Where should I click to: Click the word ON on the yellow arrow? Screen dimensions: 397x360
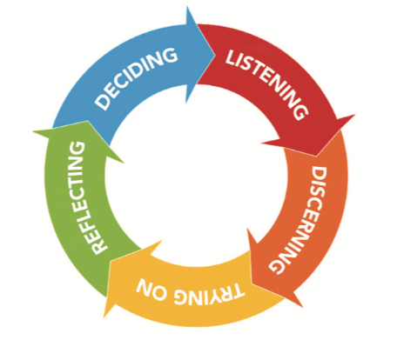(x=151, y=289)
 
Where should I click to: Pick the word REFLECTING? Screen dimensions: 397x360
(x=87, y=198)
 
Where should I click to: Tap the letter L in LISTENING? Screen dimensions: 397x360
(x=232, y=57)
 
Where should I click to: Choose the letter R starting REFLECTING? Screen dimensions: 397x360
(x=99, y=247)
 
